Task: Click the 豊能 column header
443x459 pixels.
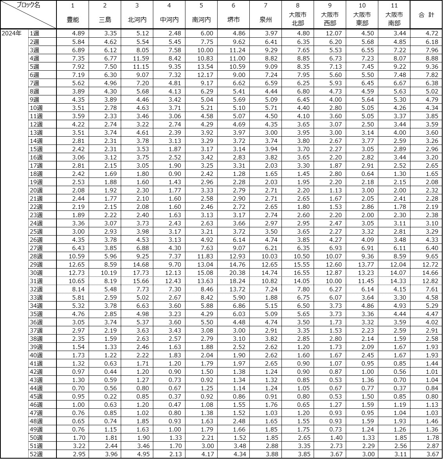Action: coord(73,20)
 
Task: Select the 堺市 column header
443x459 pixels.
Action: coord(234,20)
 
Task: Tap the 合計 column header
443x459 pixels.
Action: coord(426,15)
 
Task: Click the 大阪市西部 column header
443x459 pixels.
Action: coord(330,19)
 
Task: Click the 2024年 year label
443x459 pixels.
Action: coord(12,33)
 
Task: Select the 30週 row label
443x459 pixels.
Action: coord(36,273)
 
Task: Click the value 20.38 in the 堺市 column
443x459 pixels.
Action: coord(236,273)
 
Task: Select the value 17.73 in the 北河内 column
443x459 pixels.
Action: coord(140,273)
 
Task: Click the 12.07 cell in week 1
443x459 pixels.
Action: coord(333,33)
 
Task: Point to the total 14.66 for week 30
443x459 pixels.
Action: coord(429,273)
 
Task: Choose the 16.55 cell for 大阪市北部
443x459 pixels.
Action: coord(301,273)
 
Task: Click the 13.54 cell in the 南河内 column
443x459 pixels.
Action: coord(204,66)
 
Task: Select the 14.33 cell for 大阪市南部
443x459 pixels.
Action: coord(397,281)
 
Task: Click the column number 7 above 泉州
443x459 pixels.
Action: coord(265,5)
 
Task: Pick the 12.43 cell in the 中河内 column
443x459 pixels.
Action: coord(172,281)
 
